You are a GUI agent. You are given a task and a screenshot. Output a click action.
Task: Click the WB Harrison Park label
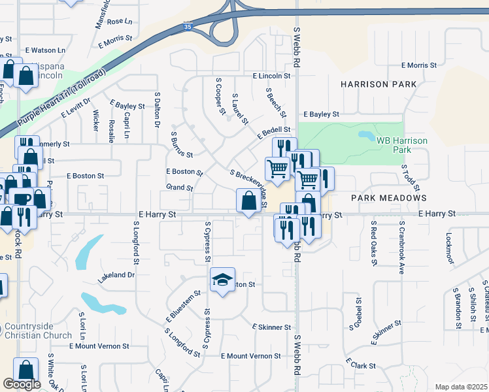(x=401, y=144)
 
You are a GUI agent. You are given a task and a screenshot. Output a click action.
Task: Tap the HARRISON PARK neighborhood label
(x=374, y=84)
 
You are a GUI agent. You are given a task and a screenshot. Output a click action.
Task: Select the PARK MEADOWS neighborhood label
(x=388, y=197)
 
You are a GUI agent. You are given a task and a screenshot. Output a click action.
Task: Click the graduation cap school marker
(x=222, y=280)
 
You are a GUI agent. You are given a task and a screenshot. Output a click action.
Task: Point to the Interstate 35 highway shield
(x=188, y=27)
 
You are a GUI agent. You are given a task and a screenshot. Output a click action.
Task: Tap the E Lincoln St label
(x=270, y=76)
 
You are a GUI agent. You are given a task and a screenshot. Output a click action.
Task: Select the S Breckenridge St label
(x=249, y=187)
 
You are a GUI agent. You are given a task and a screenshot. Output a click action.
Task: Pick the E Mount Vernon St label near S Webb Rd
(x=250, y=356)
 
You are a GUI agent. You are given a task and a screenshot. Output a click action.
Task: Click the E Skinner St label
(x=271, y=327)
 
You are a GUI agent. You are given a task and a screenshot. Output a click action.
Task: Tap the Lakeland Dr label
(x=116, y=276)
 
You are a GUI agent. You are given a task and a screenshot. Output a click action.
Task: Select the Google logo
(x=22, y=384)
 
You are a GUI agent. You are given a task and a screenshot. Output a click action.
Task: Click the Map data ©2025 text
(x=461, y=387)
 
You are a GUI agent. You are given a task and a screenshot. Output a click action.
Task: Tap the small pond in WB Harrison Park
(x=363, y=137)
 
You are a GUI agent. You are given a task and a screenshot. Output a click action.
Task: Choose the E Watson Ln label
(x=48, y=50)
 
